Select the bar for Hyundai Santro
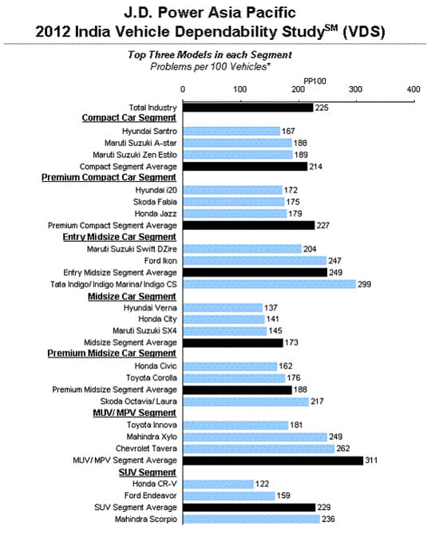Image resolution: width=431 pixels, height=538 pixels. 231,131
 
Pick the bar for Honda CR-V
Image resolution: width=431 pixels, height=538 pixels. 218,484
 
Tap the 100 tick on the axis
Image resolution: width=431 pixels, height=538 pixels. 240,89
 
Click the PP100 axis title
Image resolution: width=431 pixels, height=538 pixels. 315,81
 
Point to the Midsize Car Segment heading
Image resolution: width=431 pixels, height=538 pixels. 132,295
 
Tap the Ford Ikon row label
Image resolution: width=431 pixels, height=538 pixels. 160,260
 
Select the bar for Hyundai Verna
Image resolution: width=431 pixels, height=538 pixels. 223,307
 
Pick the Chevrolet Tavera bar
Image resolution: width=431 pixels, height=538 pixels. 259,449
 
